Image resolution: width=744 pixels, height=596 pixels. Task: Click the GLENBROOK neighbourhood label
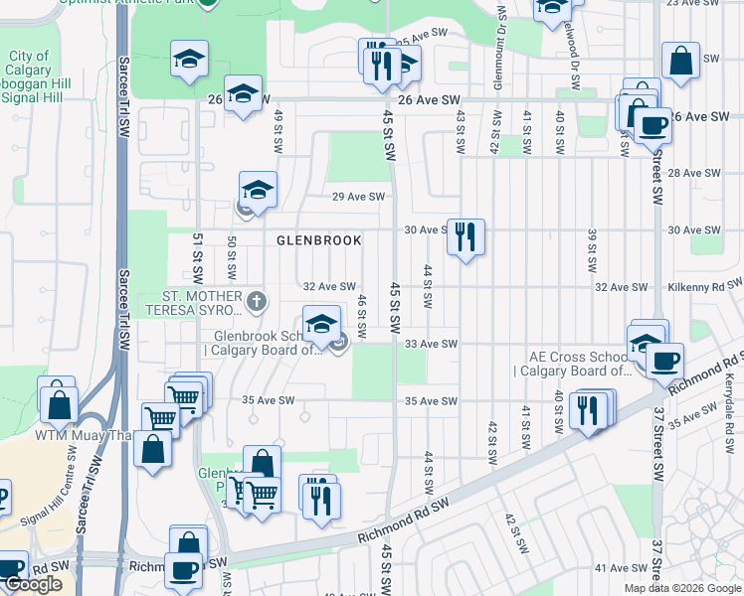click(x=318, y=240)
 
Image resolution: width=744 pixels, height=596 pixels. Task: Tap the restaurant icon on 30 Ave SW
click(x=465, y=236)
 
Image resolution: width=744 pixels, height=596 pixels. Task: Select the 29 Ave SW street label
click(x=358, y=197)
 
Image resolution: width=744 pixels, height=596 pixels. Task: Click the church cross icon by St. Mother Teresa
click(x=257, y=300)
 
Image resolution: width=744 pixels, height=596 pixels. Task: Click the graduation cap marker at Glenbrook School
click(x=321, y=324)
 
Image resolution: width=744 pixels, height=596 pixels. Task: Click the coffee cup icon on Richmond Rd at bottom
click(x=184, y=569)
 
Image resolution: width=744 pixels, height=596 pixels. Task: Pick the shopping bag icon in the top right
click(x=682, y=62)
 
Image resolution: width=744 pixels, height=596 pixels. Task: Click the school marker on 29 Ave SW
click(x=258, y=189)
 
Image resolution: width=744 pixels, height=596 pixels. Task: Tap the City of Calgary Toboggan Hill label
click(x=34, y=77)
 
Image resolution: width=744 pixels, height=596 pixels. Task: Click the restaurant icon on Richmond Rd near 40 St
click(x=588, y=409)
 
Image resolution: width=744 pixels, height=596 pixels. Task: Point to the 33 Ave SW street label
click(x=432, y=345)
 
